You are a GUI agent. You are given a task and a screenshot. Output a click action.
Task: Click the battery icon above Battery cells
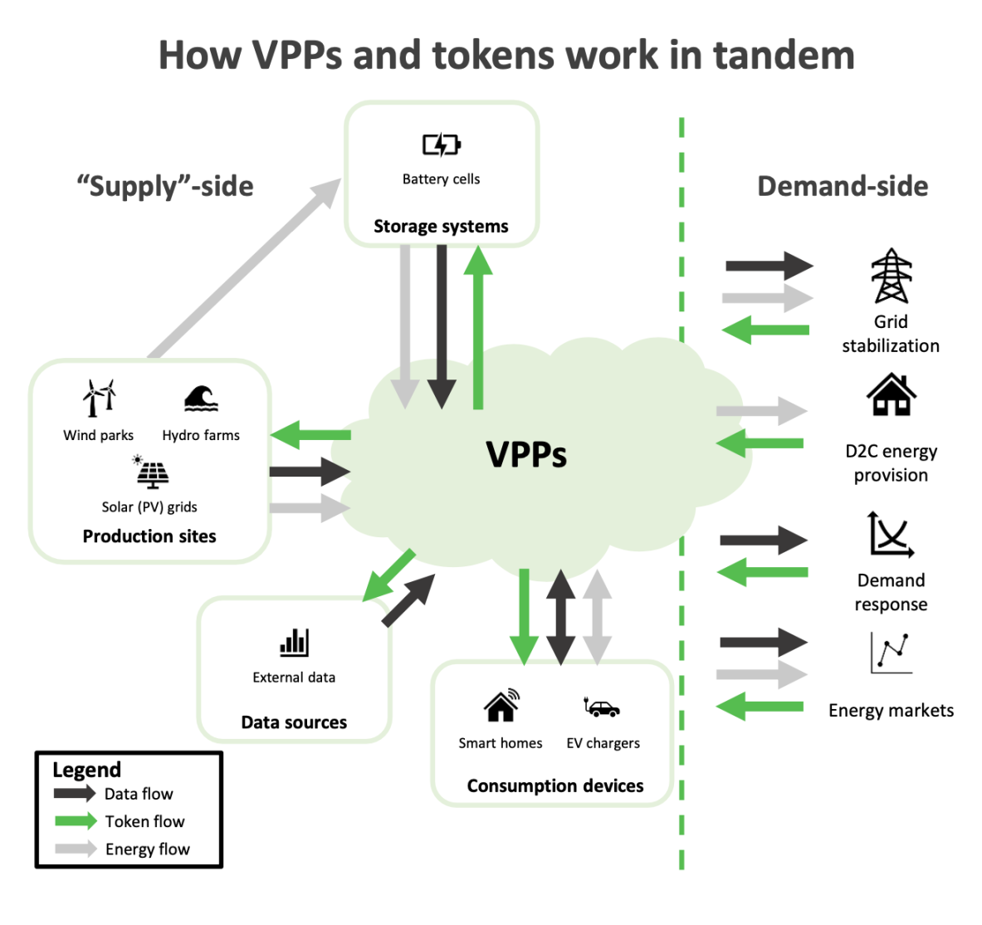click(441, 145)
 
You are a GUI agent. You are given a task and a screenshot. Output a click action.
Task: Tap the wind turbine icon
click(99, 398)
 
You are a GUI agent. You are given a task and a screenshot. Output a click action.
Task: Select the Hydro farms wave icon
click(201, 399)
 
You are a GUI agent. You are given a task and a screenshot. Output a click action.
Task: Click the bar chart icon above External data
click(294, 642)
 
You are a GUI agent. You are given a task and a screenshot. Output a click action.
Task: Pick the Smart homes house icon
click(501, 706)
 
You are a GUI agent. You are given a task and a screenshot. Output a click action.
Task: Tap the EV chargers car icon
click(602, 707)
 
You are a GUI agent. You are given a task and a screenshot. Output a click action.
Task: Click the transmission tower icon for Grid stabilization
click(891, 276)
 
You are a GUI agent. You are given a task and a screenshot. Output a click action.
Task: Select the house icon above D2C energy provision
click(891, 394)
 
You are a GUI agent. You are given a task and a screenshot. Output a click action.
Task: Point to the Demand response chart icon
click(891, 534)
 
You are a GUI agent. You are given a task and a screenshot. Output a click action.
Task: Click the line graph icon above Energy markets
click(891, 653)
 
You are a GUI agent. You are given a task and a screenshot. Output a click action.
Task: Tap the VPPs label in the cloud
click(526, 455)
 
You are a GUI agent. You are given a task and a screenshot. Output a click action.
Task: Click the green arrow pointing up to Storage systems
click(478, 328)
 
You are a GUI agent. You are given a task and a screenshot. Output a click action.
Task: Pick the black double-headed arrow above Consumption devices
click(560, 617)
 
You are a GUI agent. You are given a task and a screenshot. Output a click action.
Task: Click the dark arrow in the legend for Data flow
click(75, 793)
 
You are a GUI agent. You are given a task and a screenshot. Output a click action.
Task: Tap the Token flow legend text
click(144, 821)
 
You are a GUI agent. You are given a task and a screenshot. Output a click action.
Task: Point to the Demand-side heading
click(843, 186)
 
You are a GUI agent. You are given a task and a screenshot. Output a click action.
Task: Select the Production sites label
click(149, 536)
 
